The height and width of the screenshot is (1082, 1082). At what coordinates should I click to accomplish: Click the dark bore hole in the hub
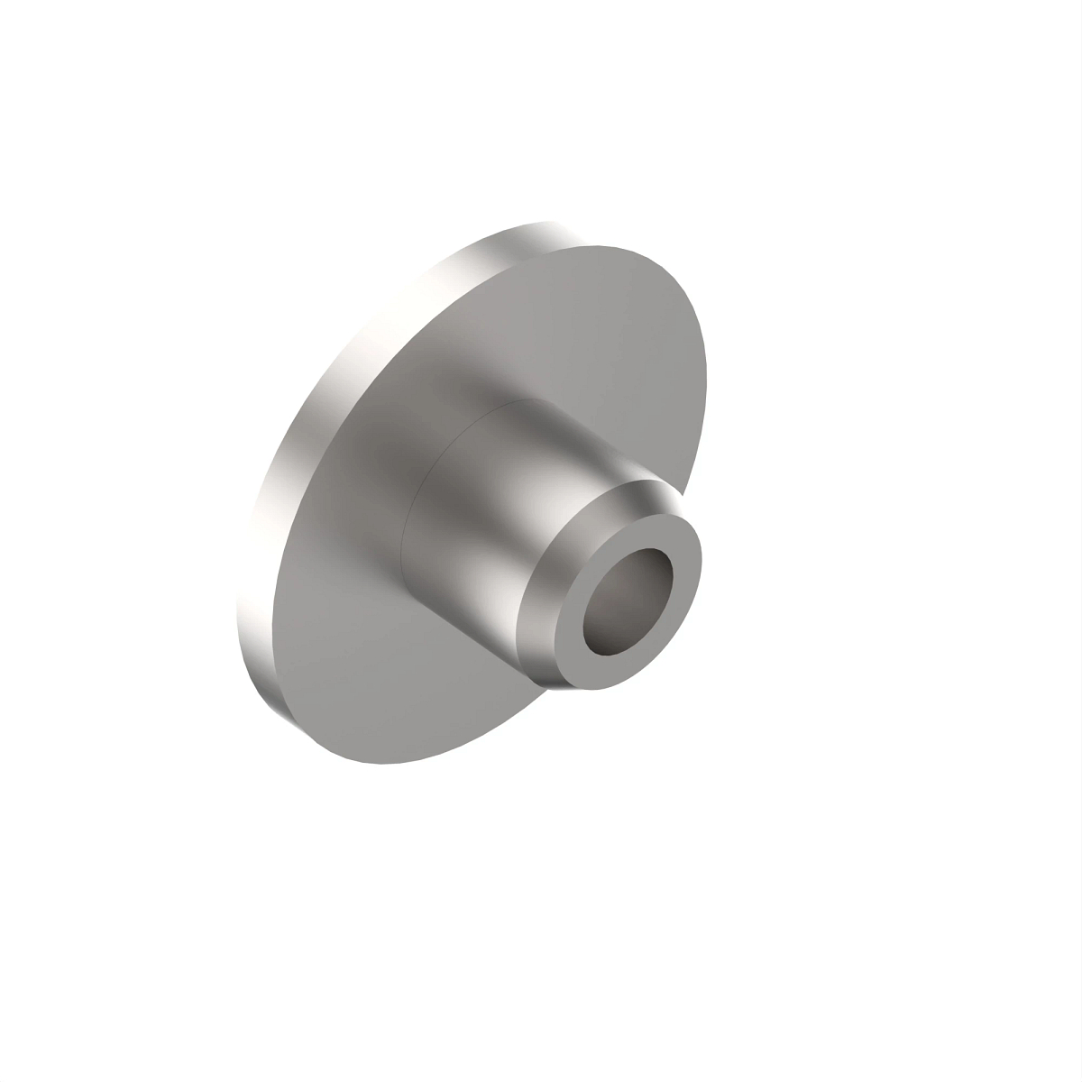[628, 612]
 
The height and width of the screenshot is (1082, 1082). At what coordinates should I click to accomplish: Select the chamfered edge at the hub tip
[541, 622]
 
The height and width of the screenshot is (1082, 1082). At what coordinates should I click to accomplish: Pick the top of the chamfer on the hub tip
[640, 487]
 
